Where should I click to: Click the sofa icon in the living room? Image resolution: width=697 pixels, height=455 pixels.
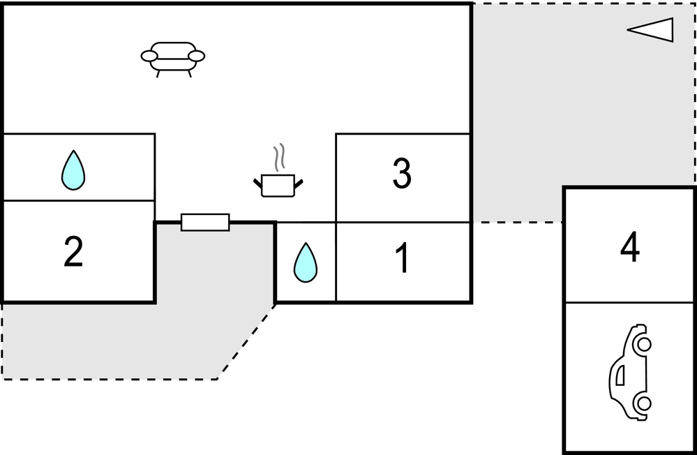click(173, 57)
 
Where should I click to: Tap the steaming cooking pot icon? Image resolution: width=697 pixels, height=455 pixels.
click(278, 184)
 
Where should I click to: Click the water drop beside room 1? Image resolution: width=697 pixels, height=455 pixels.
click(305, 262)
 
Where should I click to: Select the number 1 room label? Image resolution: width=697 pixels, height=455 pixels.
click(402, 259)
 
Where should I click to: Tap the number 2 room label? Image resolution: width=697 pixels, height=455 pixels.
click(73, 252)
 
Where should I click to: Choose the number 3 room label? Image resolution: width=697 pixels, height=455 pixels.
click(402, 174)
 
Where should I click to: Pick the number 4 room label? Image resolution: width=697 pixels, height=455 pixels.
click(630, 248)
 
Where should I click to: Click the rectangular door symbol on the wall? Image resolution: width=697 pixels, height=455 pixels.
click(205, 222)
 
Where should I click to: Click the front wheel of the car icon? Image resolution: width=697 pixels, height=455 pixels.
click(643, 344)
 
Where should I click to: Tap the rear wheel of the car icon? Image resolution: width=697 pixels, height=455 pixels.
click(643, 403)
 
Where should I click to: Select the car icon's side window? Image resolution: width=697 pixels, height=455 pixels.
click(620, 377)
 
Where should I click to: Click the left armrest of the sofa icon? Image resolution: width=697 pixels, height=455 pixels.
click(149, 55)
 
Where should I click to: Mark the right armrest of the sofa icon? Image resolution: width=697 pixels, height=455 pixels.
click(197, 55)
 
